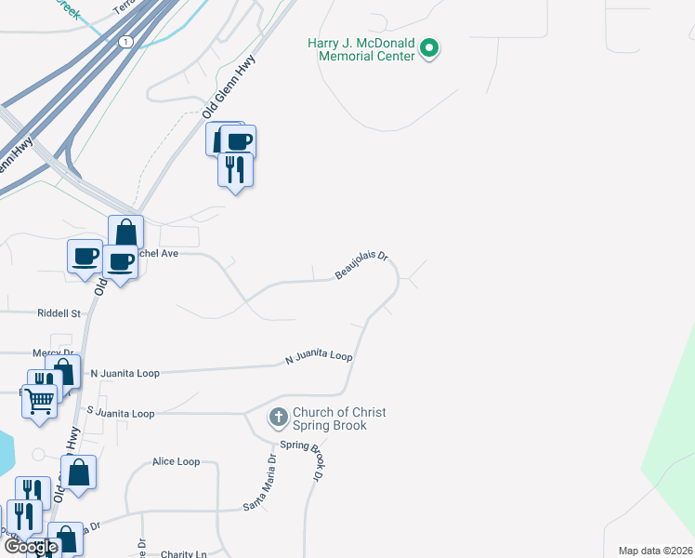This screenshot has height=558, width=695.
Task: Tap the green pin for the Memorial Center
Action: tap(429, 47)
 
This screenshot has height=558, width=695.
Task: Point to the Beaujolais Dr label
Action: tap(361, 267)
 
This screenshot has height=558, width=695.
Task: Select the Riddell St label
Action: tap(59, 314)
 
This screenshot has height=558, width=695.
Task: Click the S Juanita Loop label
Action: tap(120, 413)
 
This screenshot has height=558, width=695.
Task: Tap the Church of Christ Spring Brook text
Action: tap(339, 418)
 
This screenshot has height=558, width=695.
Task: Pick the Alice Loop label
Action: tap(177, 461)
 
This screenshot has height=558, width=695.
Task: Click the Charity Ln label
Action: tap(182, 554)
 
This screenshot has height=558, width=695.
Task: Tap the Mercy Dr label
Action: tap(52, 353)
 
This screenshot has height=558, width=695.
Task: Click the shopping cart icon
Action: tap(39, 402)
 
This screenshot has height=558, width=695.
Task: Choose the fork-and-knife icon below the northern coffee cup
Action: tap(235, 168)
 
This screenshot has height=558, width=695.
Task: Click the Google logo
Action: tap(30, 547)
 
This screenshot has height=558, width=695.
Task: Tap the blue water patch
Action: tap(7, 451)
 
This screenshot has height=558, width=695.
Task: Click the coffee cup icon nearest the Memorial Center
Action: tap(238, 141)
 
